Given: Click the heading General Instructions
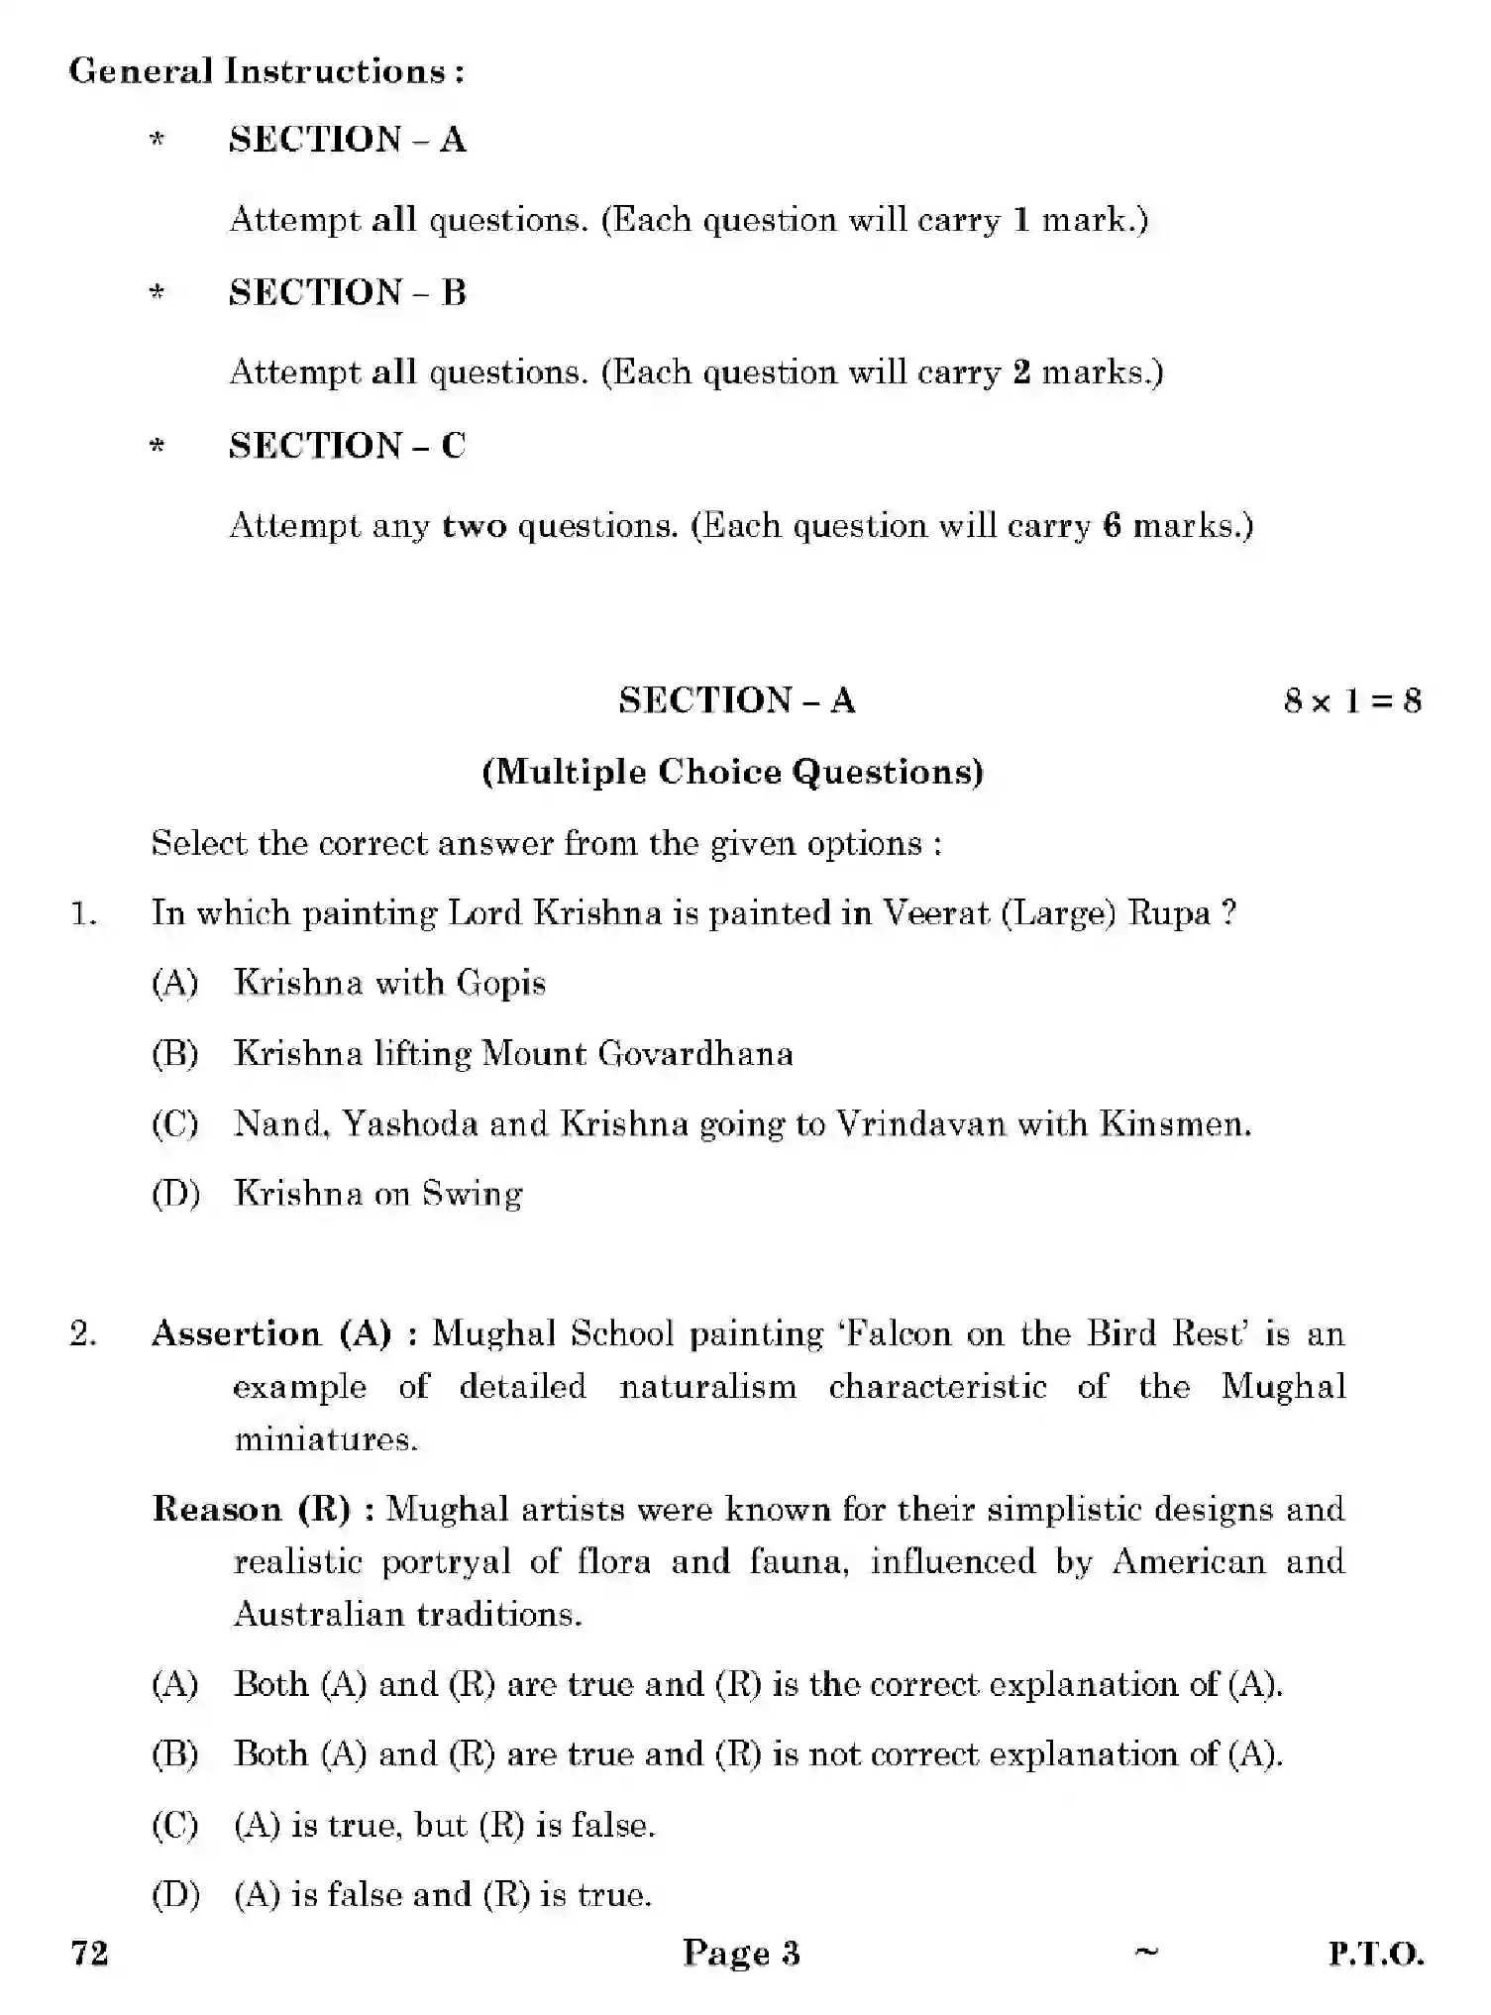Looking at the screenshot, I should pos(266,71).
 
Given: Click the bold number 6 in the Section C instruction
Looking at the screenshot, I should pos(1112,525).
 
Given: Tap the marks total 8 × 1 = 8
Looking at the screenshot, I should pos(1351,701).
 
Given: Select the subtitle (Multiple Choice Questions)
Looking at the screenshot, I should pos(733,772).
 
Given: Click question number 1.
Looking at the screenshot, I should pos(84,913).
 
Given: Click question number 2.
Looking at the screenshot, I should pos(84,1334).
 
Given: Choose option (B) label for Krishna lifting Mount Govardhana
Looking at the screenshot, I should pos(175,1053).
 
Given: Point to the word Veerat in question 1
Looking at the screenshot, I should pos(935,913).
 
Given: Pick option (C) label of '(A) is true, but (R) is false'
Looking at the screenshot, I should pos(175,1825).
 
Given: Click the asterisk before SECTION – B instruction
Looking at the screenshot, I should pos(157,293).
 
